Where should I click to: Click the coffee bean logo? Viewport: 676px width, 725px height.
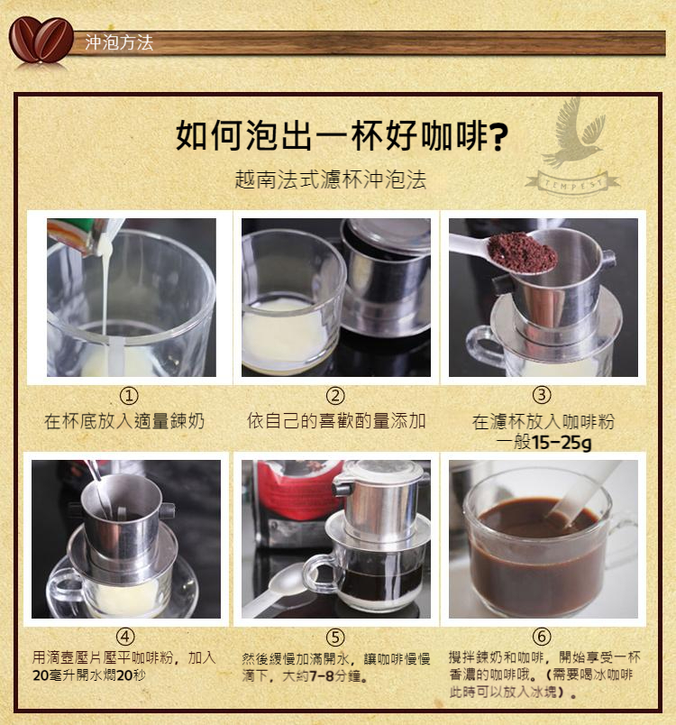click(41, 40)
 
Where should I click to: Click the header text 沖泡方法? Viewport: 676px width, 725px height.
click(119, 42)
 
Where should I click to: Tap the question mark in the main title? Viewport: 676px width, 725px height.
click(498, 136)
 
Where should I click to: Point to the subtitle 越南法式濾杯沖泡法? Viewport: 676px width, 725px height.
click(331, 179)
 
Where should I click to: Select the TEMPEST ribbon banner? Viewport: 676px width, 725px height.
click(573, 184)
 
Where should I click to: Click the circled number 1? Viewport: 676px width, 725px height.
click(129, 396)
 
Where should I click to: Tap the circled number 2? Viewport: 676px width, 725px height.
click(335, 396)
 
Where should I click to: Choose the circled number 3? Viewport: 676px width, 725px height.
click(542, 395)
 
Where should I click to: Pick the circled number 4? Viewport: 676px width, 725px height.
click(125, 638)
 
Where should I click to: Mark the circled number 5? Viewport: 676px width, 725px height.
click(335, 638)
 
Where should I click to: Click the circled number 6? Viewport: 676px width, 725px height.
click(542, 638)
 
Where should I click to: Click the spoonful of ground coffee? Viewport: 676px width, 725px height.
click(522, 252)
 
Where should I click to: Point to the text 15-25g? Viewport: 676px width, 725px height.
click(561, 443)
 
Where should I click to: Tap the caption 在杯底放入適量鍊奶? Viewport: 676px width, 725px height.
click(124, 421)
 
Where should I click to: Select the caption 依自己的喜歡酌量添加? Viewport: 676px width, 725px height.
click(336, 421)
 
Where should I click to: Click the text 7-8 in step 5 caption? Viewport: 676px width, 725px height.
click(322, 676)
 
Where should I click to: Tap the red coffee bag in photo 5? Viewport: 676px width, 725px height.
click(291, 491)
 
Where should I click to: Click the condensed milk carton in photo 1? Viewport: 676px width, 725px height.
click(81, 236)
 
